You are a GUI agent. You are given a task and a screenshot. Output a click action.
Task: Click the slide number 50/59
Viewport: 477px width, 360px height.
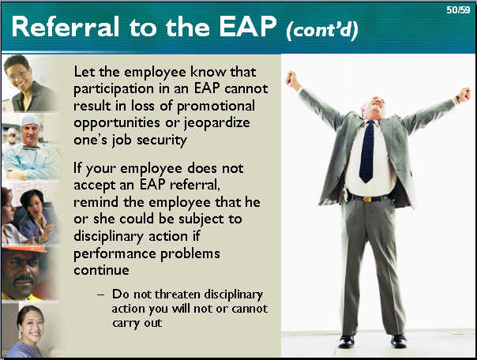(x=458, y=10)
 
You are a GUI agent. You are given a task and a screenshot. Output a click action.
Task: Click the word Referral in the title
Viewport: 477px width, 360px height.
(x=65, y=27)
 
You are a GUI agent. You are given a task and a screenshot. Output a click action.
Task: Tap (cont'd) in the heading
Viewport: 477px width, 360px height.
(x=322, y=30)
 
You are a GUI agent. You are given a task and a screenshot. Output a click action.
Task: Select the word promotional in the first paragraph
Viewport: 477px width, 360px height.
(x=216, y=106)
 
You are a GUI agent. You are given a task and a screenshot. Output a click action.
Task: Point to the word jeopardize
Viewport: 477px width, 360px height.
(x=217, y=123)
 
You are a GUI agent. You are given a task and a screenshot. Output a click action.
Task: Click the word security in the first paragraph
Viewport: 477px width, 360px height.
(x=162, y=141)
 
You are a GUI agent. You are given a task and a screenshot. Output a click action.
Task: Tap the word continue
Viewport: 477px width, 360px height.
(x=101, y=270)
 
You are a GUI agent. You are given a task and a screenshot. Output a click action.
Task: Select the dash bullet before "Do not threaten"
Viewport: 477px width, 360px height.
(x=101, y=294)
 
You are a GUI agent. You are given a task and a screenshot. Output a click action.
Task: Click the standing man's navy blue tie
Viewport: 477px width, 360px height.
(x=367, y=151)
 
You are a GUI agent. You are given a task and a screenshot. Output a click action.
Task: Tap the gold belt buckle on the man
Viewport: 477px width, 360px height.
(x=367, y=199)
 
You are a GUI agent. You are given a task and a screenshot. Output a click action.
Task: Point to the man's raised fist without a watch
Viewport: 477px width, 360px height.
(x=291, y=81)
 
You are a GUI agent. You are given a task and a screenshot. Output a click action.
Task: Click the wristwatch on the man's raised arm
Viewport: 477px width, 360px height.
(x=457, y=99)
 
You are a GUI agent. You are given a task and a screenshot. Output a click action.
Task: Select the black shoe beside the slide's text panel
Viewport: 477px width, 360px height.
(x=346, y=342)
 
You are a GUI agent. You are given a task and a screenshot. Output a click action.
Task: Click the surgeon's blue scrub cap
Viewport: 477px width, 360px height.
(x=30, y=121)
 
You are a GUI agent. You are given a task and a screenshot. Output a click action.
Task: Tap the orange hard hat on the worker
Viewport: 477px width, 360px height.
(x=25, y=249)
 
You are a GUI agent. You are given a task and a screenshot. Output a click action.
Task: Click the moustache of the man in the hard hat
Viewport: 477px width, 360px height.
(x=24, y=279)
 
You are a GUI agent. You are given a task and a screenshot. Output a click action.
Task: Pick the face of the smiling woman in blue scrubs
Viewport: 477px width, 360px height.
(x=32, y=325)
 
